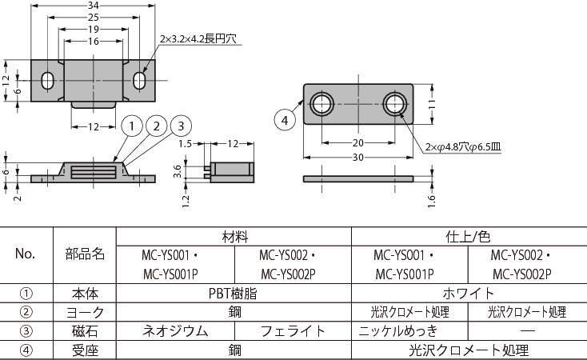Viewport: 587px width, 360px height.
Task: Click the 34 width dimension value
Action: (94, 6)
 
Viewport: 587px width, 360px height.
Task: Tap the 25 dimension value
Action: (94, 17)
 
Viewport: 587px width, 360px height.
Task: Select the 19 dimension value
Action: (94, 28)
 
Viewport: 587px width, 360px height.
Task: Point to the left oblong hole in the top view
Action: (48, 81)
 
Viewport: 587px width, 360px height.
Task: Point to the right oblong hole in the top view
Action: (140, 81)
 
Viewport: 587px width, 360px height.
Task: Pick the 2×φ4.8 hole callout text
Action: (461, 146)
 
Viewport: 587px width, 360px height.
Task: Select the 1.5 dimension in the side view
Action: (185, 144)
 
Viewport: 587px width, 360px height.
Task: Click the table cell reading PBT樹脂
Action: (234, 293)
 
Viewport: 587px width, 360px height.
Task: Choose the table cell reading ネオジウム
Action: (176, 330)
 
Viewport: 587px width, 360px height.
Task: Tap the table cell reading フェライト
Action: (293, 330)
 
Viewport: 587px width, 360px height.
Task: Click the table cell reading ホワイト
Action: (469, 293)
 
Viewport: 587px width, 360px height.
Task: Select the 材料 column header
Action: (234, 238)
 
